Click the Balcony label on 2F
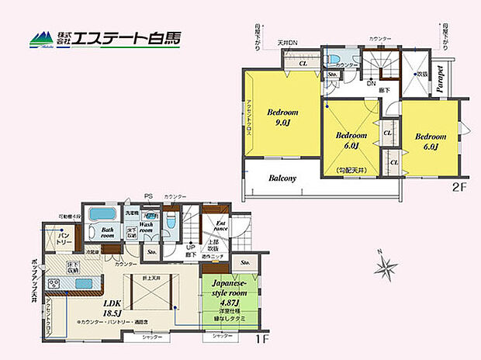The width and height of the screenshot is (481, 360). click(282, 178)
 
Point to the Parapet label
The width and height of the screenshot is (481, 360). click(440, 78)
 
